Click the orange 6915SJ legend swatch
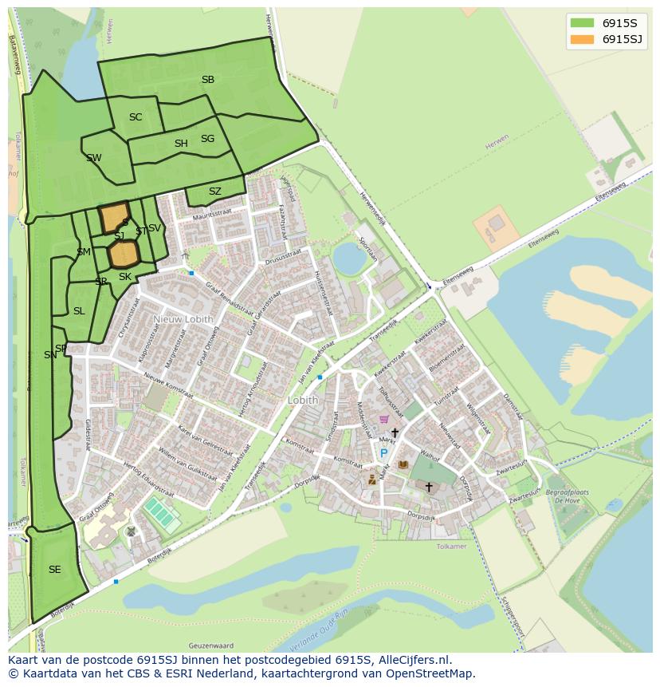click(x=582, y=39)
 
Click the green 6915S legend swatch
click(x=582, y=22)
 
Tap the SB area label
click(x=208, y=80)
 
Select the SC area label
click(x=136, y=117)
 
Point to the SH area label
click(x=181, y=144)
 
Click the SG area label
click(x=207, y=139)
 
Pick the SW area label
click(x=94, y=158)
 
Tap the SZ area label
click(x=215, y=191)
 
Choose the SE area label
click(x=54, y=570)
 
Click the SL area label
click(x=78, y=311)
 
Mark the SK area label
click(x=124, y=277)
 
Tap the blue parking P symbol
click(x=383, y=453)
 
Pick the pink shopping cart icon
click(x=384, y=419)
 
